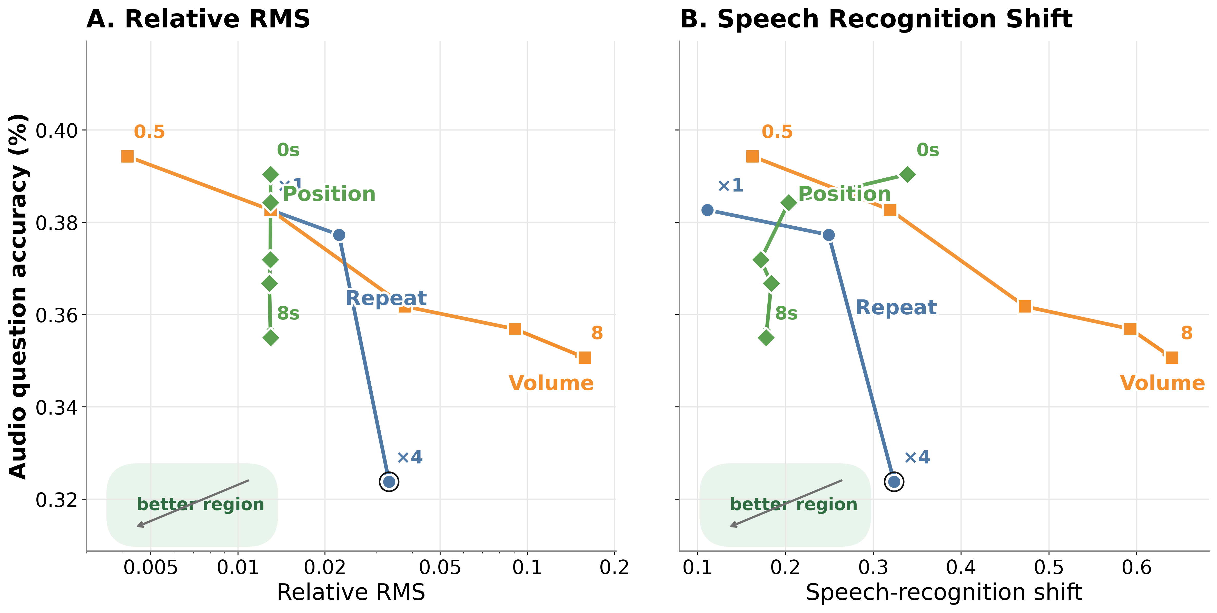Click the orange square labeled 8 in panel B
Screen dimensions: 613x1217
pos(1171,357)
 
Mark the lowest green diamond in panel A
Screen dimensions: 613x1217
pos(270,338)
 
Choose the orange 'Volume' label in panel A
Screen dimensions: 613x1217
pos(551,383)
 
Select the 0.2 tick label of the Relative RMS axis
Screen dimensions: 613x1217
pos(614,567)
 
